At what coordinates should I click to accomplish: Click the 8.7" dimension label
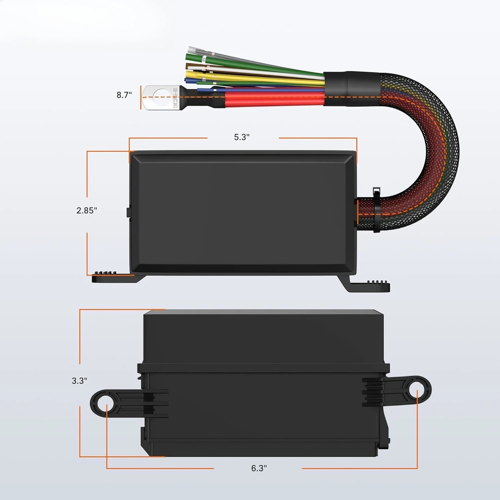[124, 95]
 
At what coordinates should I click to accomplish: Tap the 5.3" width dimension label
[242, 137]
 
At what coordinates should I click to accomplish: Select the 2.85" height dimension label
[87, 210]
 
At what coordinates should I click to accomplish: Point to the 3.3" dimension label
[79, 381]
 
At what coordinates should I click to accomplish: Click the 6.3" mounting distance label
[259, 468]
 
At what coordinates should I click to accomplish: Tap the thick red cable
[273, 99]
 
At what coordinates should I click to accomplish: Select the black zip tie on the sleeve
[377, 210]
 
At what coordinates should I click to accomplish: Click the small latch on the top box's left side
[128, 213]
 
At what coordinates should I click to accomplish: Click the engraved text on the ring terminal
[174, 98]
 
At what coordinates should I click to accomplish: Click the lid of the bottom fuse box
[263, 337]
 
